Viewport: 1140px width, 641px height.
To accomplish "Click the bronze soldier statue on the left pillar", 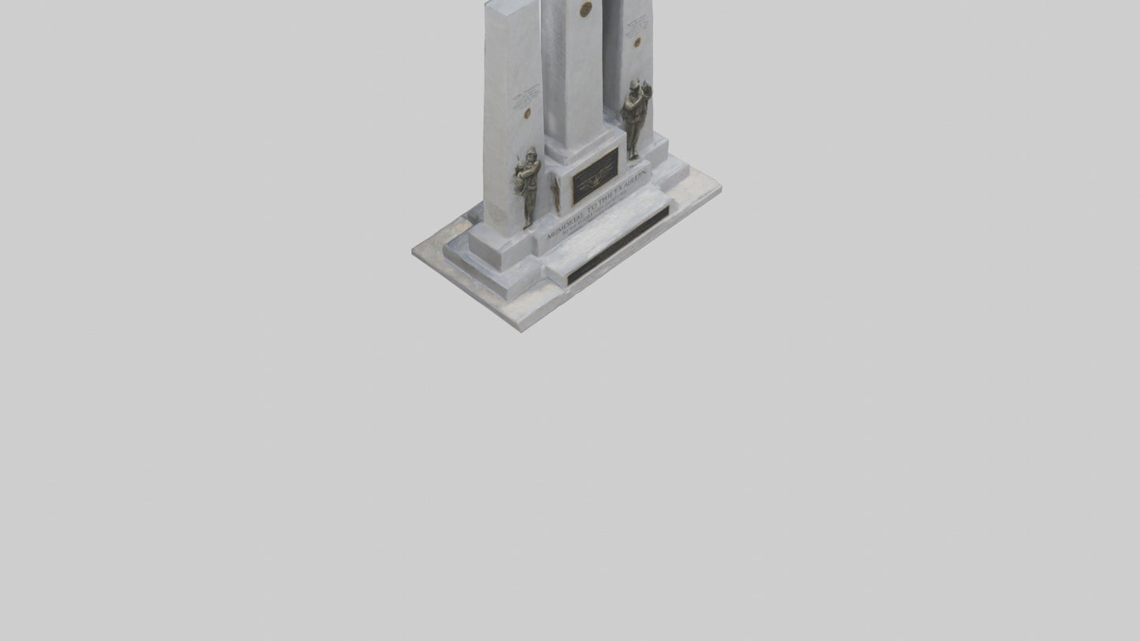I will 527,188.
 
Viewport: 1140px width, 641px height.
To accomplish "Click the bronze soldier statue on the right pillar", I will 634,118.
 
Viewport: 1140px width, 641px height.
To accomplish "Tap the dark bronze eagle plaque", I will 595,175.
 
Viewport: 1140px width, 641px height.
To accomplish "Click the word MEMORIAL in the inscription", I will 567,223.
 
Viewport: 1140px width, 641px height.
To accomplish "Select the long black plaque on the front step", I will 618,245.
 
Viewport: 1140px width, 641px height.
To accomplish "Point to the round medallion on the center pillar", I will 585,9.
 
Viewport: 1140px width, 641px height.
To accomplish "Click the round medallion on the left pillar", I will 527,113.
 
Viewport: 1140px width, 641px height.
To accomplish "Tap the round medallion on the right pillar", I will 637,42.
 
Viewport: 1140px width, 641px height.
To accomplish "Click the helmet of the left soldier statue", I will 531,151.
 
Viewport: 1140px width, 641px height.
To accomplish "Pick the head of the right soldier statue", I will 634,84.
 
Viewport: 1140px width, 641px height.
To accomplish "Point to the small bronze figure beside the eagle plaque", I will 555,193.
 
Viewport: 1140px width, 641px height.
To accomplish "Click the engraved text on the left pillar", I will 526,95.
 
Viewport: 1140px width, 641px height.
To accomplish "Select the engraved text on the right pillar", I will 636,27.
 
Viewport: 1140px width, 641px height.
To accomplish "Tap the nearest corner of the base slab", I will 521,329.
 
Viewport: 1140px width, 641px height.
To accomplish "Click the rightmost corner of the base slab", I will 720,188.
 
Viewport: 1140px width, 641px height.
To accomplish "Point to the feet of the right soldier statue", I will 633,157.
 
